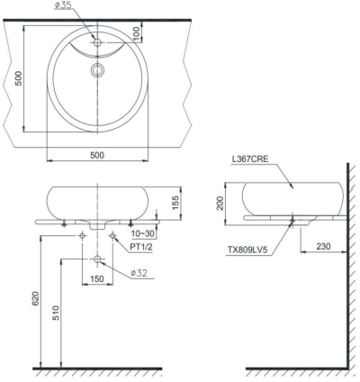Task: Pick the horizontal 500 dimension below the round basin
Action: coord(97,155)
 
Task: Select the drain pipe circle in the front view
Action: coord(97,259)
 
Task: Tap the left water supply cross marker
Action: coord(83,236)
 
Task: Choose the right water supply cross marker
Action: coord(112,236)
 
